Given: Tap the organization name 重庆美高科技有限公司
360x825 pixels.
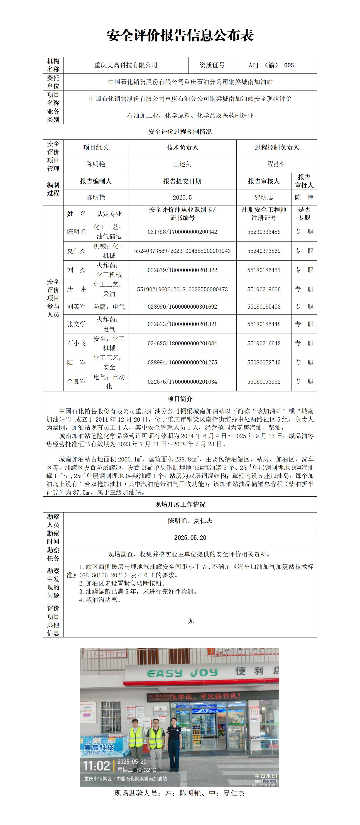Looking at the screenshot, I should point(126,65).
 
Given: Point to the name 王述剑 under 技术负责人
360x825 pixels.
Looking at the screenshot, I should point(182,164).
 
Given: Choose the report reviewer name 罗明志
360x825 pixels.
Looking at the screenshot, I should point(264,197).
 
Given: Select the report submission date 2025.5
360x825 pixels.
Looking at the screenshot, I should point(182,197).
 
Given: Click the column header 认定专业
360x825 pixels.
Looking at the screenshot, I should point(109,214).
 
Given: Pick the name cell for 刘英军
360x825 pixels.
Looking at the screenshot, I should point(76,307).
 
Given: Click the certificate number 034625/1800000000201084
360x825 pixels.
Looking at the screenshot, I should point(182,343).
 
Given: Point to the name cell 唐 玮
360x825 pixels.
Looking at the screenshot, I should point(76,289).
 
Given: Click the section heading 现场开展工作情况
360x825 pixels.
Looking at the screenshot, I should point(180,504).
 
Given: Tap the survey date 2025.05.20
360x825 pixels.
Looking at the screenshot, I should point(190,538).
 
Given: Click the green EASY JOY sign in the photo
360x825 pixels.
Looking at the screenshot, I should point(182,673).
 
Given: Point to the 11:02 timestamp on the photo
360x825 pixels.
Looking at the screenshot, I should point(96,766).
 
